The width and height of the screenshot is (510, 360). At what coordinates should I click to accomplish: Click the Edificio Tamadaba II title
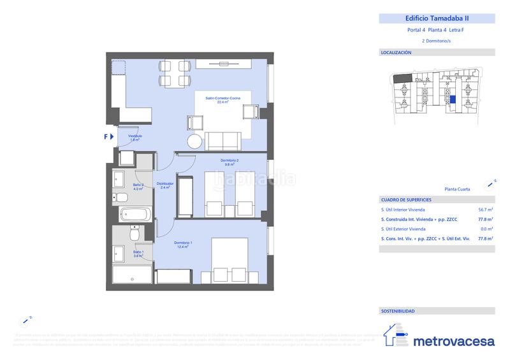pyautogui.click(x=437, y=18)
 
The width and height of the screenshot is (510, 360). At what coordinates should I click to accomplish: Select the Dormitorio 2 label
pyautogui.click(x=229, y=161)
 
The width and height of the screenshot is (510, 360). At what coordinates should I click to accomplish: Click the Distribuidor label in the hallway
pyautogui.click(x=165, y=185)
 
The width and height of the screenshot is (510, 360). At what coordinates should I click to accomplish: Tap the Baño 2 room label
pyautogui.click(x=138, y=187)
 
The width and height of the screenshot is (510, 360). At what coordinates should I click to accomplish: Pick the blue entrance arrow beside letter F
pyautogui.click(x=112, y=136)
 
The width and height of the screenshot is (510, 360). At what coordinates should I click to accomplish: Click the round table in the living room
pyautogui.click(x=194, y=141)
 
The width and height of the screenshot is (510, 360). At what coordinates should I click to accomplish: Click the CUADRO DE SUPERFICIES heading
pyautogui.click(x=405, y=199)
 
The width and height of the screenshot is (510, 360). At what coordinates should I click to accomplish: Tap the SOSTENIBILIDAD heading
pyautogui.click(x=397, y=312)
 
